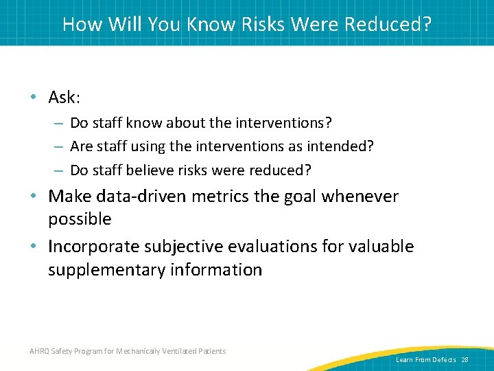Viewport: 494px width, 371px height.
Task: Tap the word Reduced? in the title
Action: [x=388, y=24]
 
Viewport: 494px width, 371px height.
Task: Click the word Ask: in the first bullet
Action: [x=64, y=98]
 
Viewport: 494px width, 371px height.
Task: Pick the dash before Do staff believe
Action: [x=60, y=170]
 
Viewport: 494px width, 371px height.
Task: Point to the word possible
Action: [x=80, y=219]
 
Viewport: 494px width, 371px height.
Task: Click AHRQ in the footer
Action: [x=40, y=352]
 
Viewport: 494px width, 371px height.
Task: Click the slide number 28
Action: [x=464, y=360]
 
